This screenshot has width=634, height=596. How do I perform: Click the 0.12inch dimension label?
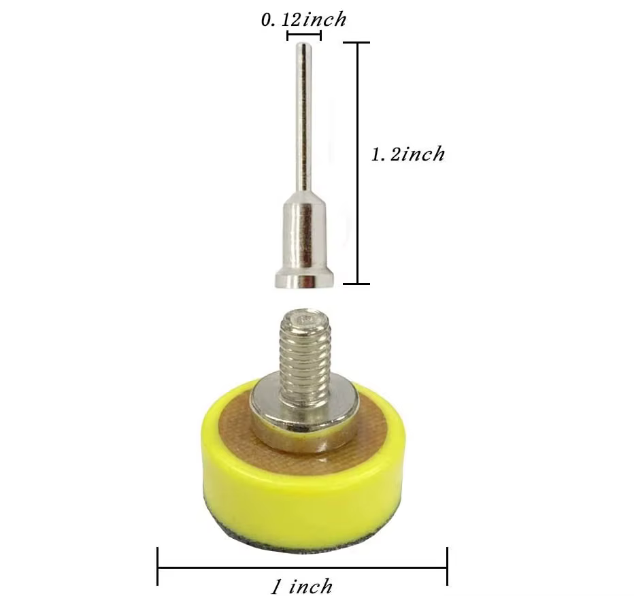point(303,20)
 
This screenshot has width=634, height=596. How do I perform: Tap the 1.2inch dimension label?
point(407,154)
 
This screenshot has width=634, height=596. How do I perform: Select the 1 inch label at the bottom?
point(301,586)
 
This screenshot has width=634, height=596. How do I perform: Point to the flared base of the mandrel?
point(304,279)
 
